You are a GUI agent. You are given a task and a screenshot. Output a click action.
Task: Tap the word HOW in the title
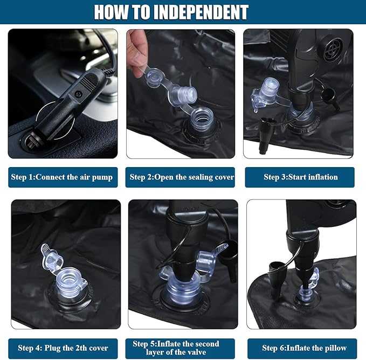111,12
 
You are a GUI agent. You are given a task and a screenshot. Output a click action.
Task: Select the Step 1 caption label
63,177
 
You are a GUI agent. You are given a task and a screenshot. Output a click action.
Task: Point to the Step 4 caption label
63,348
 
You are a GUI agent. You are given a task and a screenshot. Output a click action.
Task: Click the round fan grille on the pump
332,49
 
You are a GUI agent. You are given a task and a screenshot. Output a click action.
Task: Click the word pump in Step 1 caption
102,177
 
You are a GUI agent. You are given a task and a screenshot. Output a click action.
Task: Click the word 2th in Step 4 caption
82,348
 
